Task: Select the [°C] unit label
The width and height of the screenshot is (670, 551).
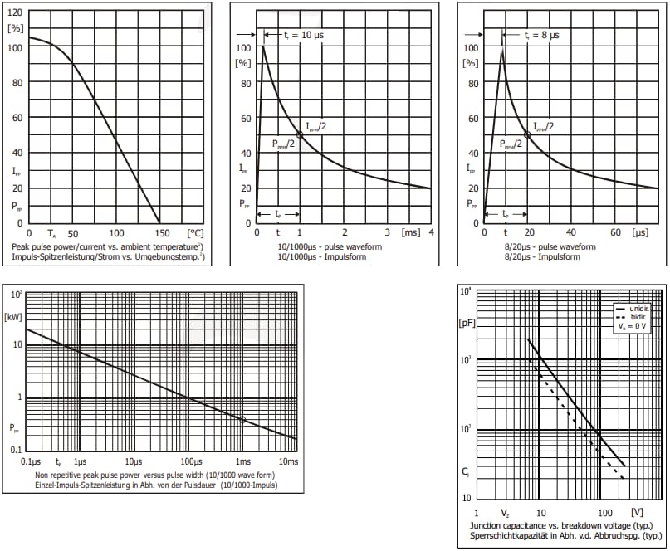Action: pyautogui.click(x=195, y=234)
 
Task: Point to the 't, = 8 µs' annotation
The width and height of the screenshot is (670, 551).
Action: pyautogui.click(x=540, y=36)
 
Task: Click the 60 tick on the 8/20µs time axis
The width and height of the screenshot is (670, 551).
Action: pyautogui.click(x=615, y=234)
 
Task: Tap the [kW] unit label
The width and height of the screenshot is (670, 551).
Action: pyautogui.click(x=13, y=315)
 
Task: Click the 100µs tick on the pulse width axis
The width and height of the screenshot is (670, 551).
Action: pyautogui.click(x=192, y=461)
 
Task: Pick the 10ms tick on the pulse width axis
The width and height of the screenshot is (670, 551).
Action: pyautogui.click(x=287, y=461)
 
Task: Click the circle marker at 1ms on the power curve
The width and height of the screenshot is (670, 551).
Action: pyautogui.click(x=242, y=420)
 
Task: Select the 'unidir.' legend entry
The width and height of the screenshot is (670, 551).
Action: pyautogui.click(x=639, y=308)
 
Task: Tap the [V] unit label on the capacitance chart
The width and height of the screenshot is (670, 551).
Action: pyautogui.click(x=637, y=513)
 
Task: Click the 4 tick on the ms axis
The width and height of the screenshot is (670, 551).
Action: pyautogui.click(x=432, y=234)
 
